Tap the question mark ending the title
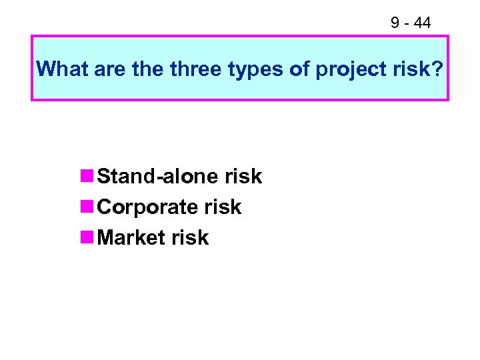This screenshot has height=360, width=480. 437,69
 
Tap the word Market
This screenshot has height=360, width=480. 131,238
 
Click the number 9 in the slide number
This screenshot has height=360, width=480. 395,23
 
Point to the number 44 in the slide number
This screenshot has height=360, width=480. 422,23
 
